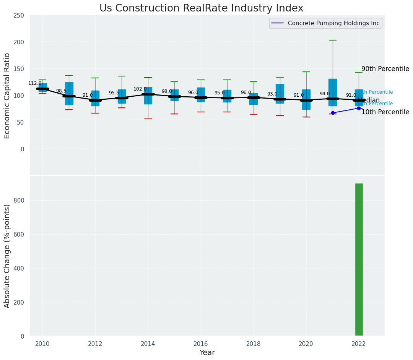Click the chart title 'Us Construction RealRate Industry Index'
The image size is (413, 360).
point(201,8)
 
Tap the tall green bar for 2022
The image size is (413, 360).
point(359,260)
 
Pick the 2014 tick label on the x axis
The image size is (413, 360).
point(148,344)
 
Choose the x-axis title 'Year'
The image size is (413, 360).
point(207,353)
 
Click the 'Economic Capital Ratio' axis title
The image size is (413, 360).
point(7,95)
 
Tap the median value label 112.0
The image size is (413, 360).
point(35,83)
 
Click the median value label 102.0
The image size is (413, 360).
point(140,89)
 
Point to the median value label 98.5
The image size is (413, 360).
point(61,91)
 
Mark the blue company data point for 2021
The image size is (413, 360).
point(333,113)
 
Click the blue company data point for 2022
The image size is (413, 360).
point(359,108)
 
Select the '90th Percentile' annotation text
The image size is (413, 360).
point(385,69)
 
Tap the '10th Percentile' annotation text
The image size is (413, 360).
point(385,112)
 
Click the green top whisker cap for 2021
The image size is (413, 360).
point(333,40)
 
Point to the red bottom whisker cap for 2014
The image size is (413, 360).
point(148,119)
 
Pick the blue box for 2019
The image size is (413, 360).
point(280,94)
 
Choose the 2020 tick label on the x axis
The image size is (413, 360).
point(306,344)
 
